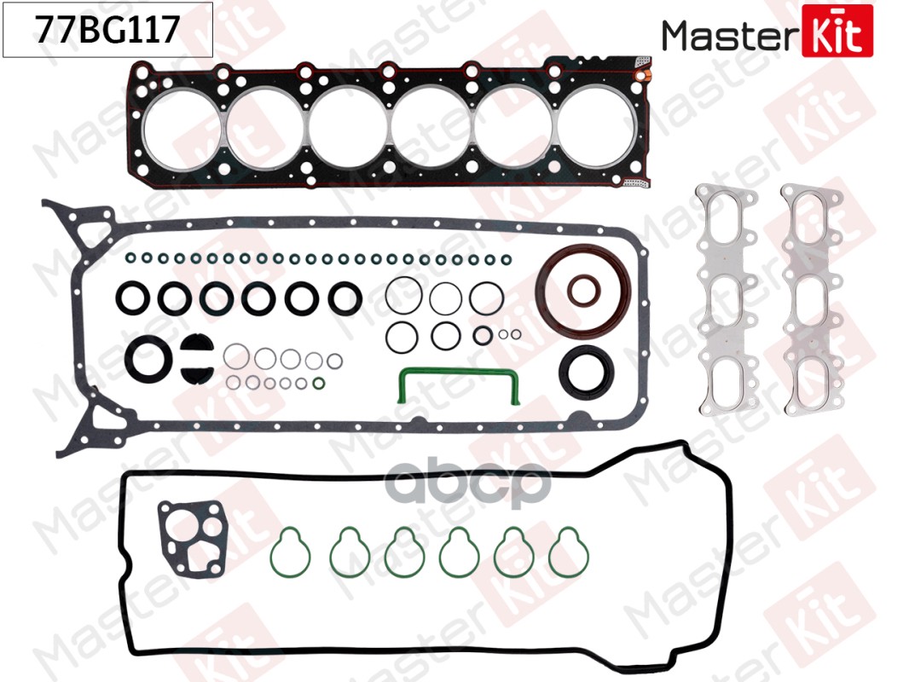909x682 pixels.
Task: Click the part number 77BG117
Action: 107,30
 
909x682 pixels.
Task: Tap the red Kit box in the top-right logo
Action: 837,31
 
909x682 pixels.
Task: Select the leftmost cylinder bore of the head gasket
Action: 180,127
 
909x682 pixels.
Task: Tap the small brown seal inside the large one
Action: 584,291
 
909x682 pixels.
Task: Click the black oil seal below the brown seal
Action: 587,371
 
